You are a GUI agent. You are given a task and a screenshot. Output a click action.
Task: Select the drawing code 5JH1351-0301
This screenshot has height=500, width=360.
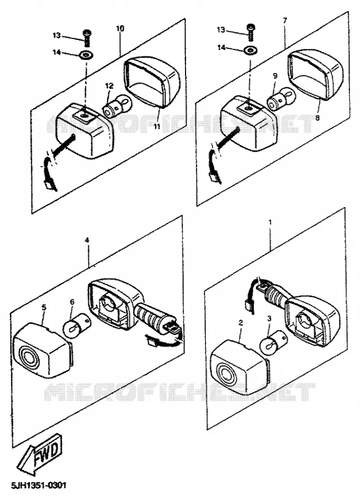click(x=38, y=486)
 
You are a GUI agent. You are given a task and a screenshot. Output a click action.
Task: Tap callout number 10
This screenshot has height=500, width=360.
click(x=120, y=28)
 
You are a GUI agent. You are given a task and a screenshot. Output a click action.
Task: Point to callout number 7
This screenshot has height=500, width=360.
click(x=285, y=21)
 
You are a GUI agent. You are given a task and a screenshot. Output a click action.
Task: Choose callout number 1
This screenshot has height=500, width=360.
click(x=270, y=222)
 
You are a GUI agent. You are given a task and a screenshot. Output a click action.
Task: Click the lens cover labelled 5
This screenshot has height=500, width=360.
click(x=42, y=350)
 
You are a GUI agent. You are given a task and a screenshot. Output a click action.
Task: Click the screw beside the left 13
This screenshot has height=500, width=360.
click(x=87, y=38)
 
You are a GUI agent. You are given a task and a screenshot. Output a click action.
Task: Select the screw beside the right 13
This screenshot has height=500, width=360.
click(x=251, y=33)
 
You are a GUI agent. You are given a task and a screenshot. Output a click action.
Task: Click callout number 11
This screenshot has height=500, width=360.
click(x=156, y=126)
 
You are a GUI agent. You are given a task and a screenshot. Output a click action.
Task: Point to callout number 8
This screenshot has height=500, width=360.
click(x=318, y=118)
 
